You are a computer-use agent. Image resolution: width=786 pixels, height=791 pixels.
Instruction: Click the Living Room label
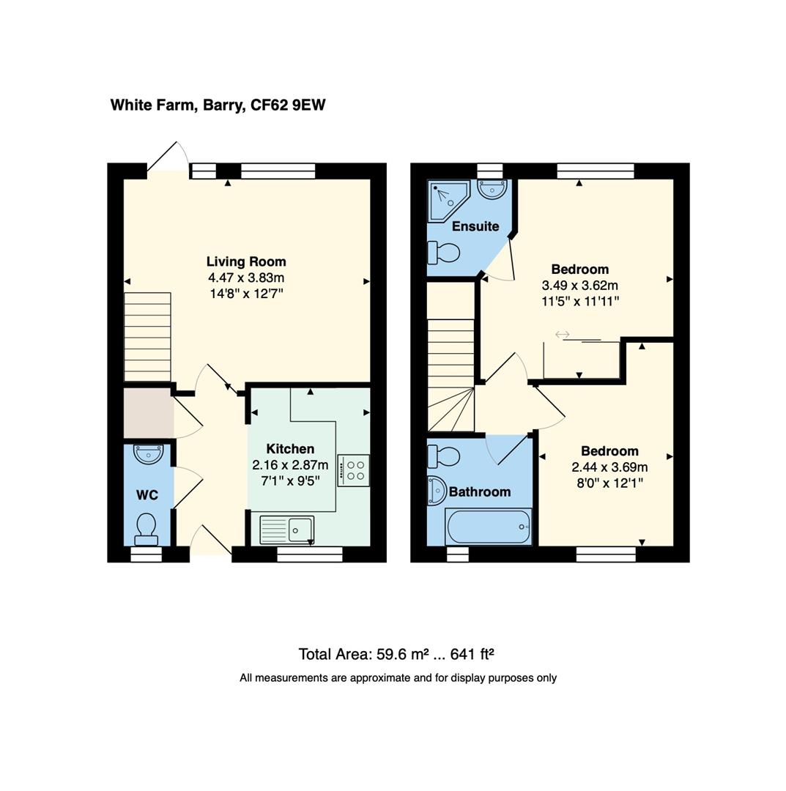[x=246, y=261]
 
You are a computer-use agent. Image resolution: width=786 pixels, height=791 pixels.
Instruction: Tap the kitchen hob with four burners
[x=353, y=469]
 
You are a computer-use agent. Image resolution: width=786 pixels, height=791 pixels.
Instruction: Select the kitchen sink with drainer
[x=287, y=529]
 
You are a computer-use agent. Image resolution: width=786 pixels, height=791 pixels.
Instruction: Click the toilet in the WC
[x=147, y=527]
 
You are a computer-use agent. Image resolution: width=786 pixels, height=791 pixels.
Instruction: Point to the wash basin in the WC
[x=148, y=454]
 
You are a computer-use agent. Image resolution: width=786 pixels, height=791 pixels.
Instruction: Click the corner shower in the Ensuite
[x=446, y=198]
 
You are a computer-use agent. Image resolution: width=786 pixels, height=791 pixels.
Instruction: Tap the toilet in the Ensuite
[x=444, y=253]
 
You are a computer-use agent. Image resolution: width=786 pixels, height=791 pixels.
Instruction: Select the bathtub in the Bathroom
[x=488, y=527]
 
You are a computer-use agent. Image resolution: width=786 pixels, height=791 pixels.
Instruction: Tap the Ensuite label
[x=475, y=226]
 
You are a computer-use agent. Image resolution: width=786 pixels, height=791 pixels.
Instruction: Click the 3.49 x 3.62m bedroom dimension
[x=579, y=285]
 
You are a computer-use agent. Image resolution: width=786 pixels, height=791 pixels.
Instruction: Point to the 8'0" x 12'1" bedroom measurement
[x=609, y=483]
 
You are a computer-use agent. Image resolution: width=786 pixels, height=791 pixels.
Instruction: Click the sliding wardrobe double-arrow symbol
[x=563, y=335]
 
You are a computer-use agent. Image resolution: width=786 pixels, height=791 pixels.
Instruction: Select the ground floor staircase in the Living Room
[x=147, y=337]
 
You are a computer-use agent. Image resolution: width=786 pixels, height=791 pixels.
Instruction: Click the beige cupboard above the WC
[x=148, y=414]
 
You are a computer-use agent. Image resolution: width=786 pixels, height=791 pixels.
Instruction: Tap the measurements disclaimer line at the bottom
[x=398, y=678]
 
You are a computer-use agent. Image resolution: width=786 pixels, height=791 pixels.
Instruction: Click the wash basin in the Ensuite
[x=491, y=189]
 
